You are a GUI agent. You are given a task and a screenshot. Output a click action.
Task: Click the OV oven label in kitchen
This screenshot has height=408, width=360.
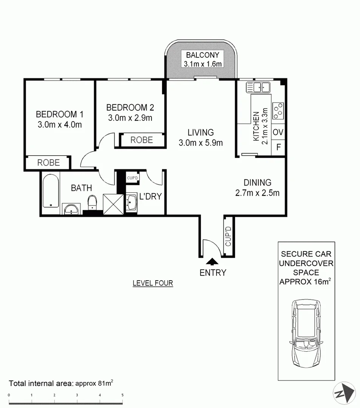click(x=278, y=133)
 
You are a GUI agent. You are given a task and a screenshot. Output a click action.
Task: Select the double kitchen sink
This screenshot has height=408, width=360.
click(x=258, y=88)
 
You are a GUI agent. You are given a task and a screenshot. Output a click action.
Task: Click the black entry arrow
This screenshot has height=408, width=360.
click(x=212, y=261)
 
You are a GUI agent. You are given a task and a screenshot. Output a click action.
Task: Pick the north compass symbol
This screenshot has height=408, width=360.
click(x=344, y=393)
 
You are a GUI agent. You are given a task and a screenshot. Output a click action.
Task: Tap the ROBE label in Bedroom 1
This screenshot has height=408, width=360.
click(x=48, y=163)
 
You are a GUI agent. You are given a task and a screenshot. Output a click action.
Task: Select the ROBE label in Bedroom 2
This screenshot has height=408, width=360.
click(x=142, y=140)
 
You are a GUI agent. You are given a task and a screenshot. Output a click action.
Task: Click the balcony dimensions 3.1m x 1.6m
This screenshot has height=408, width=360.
click(x=202, y=64)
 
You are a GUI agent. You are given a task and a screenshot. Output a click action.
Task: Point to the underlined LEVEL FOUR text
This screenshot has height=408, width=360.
click(x=153, y=283)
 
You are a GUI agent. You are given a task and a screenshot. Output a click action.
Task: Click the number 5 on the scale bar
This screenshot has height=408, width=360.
click(x=122, y=395)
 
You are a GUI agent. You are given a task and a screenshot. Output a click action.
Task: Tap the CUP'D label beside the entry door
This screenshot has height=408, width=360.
click(x=228, y=236)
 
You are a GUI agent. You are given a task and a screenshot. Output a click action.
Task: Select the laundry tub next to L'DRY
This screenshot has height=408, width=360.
click(x=131, y=203)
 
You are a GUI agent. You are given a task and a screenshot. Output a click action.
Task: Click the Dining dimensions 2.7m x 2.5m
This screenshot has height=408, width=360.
click(x=257, y=193)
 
